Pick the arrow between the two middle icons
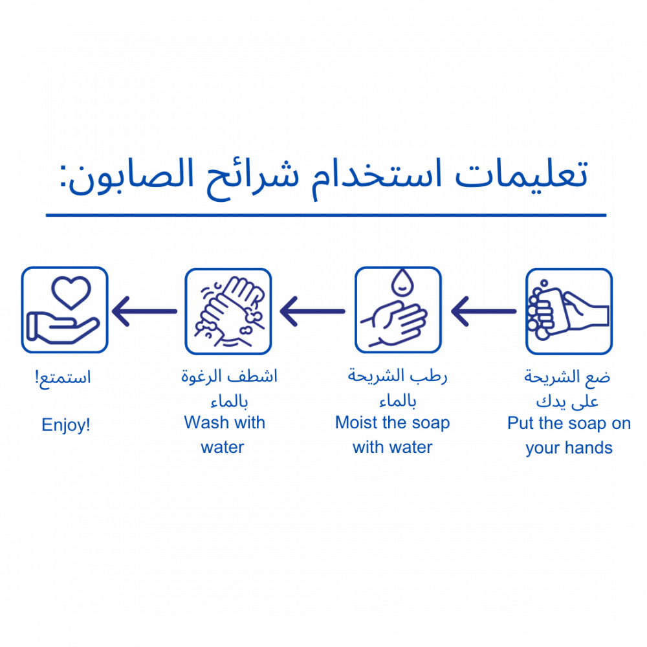(314, 311)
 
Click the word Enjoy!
(65, 424)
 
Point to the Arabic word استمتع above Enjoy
(63, 377)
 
